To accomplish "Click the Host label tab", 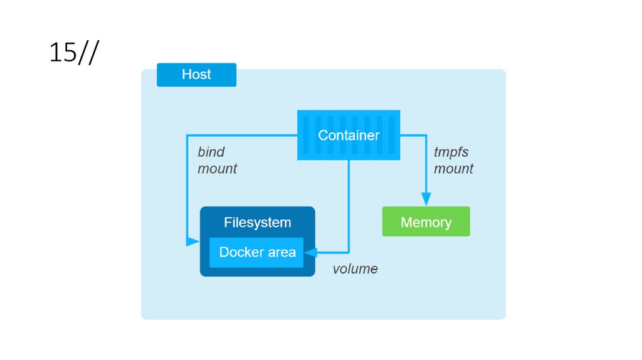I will pos(196,75).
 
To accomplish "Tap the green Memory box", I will pos(426,221).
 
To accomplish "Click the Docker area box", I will pos(256,253).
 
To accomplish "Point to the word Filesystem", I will pos(257,223).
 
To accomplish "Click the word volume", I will pos(355,269).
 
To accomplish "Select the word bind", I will pos(211,152).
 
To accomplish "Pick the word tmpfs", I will pos(451,152).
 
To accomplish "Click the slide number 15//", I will pos(73,53).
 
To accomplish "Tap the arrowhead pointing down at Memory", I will pos(426,199).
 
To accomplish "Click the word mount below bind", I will pos(218,169).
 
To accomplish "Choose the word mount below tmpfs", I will pos(454,169).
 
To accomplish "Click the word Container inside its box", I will pos(349,135).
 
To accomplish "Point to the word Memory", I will pos(426,223).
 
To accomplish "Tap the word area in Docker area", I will pos(280,253).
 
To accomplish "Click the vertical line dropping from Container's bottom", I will pos(349,201).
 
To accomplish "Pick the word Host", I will pos(196,75).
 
